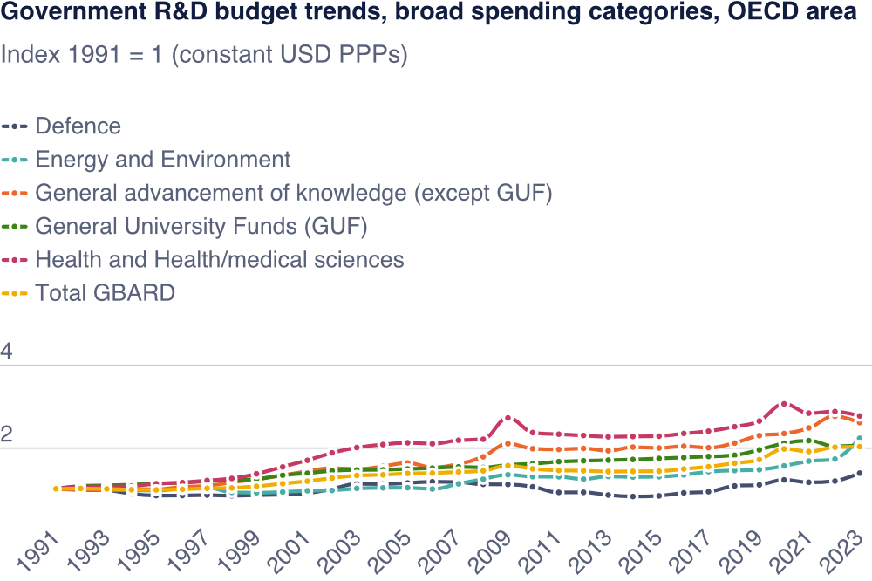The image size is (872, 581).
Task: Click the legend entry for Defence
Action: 78,126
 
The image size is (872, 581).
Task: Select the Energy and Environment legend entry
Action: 162,160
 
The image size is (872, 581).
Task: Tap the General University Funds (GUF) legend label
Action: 201,227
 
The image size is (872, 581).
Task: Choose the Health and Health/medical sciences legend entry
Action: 219,260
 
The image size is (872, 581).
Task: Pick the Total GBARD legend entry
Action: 105,293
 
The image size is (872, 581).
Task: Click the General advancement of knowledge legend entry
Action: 293,193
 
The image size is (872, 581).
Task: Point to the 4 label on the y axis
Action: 7,352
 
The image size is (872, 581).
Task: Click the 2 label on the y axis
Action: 7,435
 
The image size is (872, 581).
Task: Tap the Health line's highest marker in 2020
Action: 784,404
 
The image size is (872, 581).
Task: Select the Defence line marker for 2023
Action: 860,473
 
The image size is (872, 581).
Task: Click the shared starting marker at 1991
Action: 56,489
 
